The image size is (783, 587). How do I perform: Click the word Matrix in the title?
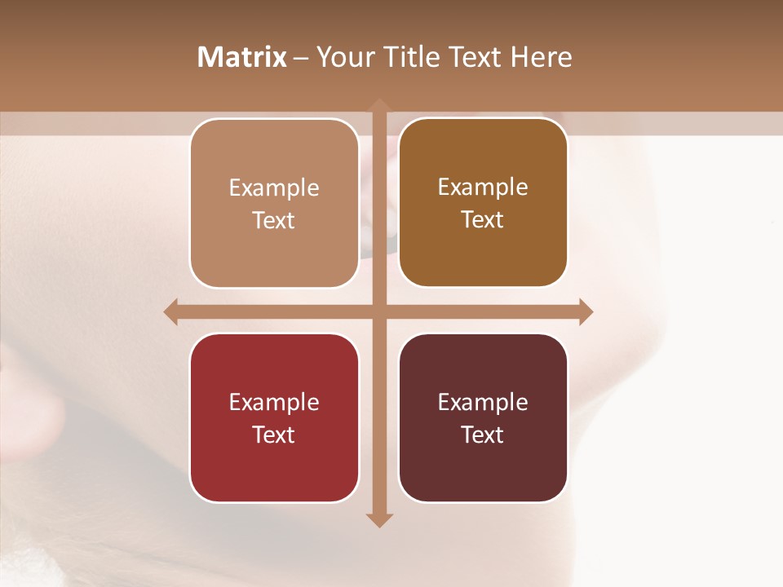click(242, 57)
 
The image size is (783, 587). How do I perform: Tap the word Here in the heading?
click(541, 57)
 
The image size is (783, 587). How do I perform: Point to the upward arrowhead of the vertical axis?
click(379, 105)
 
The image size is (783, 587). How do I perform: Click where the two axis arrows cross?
click(379, 311)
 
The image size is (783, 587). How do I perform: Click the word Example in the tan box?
click(274, 188)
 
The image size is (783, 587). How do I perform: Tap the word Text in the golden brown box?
click(483, 220)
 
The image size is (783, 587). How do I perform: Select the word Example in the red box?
click(274, 403)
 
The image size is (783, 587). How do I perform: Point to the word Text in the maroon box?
click(483, 435)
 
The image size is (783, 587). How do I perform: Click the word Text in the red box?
click(274, 435)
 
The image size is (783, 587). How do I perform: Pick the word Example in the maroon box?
click(483, 403)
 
